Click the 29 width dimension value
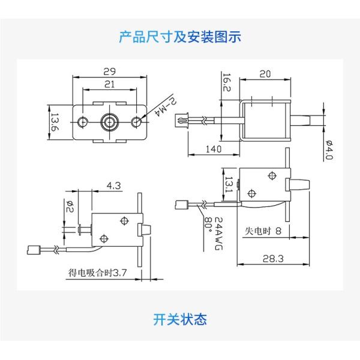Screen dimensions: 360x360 point(109,71)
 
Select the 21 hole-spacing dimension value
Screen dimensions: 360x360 point(109,84)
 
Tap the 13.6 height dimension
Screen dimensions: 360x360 point(55,122)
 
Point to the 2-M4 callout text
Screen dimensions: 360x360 point(166,107)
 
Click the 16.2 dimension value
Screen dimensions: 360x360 point(227,82)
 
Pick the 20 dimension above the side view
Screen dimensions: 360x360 point(265,74)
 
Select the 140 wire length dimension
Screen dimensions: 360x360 point(214,149)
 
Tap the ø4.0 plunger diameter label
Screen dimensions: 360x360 point(329,149)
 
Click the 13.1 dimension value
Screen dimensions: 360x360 point(229,184)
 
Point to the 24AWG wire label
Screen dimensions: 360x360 point(218,233)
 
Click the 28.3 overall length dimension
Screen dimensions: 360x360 point(273,259)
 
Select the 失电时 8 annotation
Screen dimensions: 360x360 point(263,231)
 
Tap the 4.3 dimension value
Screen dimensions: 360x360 point(113,185)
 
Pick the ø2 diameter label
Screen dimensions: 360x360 point(70,206)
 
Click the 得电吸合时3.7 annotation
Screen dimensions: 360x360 point(97,273)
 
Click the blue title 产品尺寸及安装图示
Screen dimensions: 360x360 point(180,37)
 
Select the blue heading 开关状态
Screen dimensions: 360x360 point(180,319)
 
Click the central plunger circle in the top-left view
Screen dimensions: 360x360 point(110,122)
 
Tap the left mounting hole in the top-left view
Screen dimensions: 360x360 point(83,122)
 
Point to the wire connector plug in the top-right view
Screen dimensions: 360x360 point(181,120)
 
